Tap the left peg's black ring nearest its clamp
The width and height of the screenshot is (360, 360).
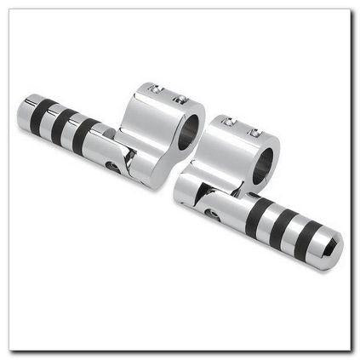(x=84, y=134)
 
